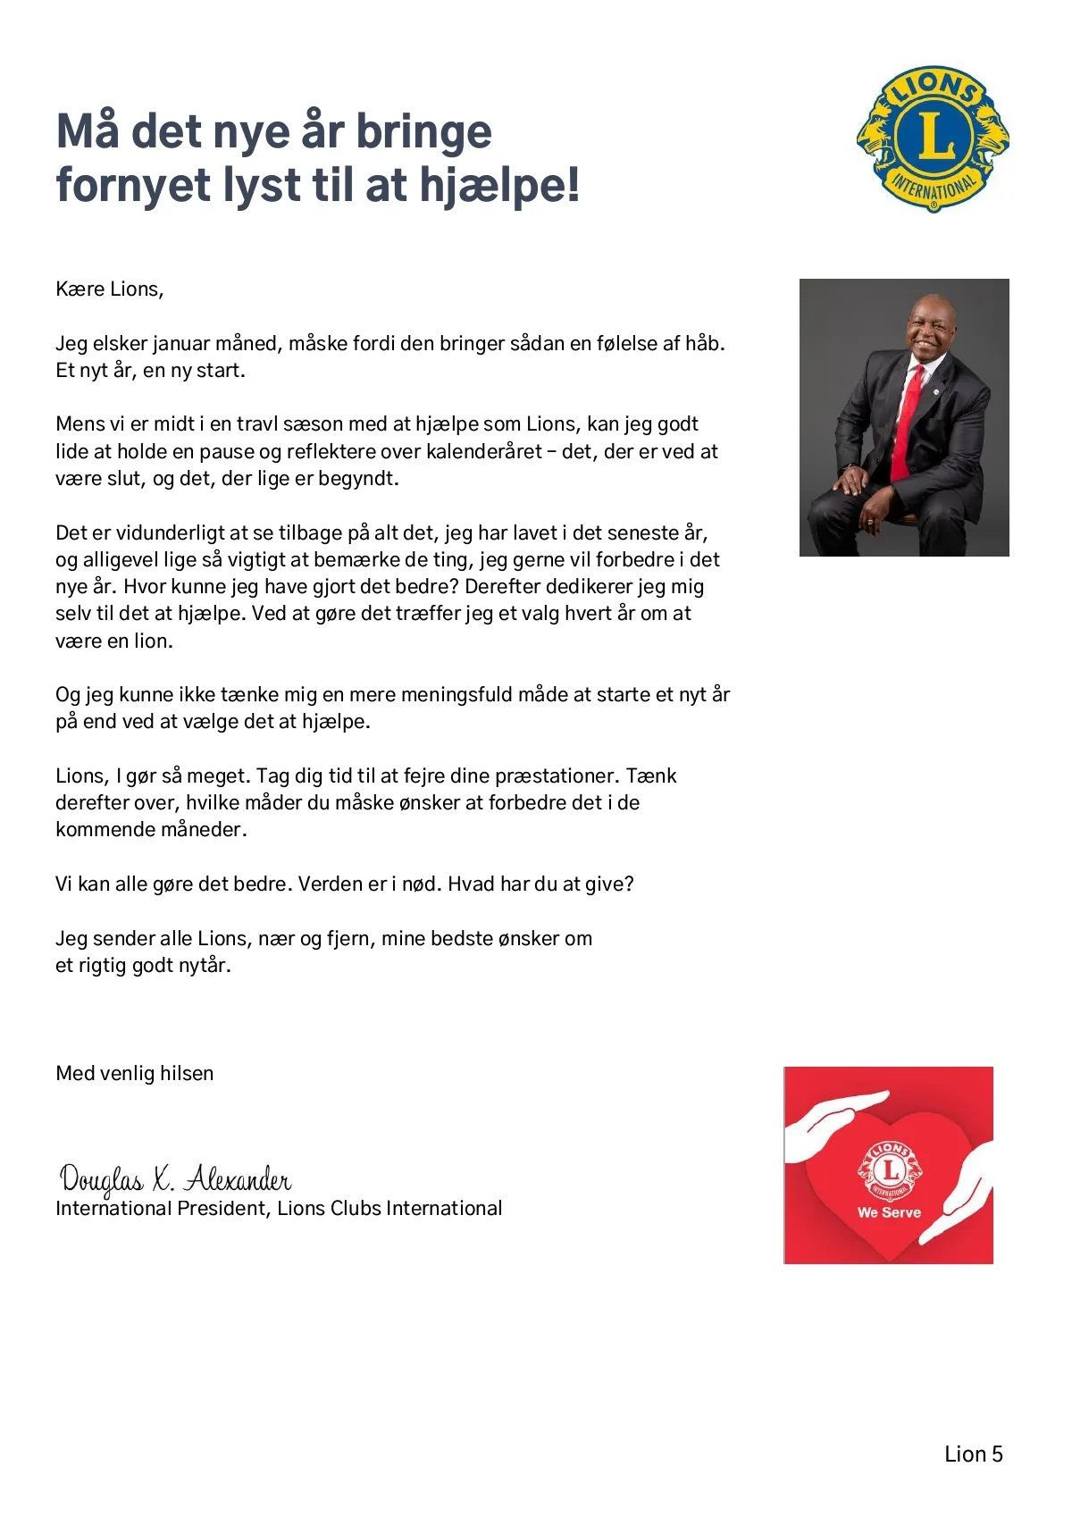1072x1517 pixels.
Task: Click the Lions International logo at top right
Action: click(x=933, y=138)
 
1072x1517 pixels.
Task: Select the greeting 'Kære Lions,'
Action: click(x=109, y=289)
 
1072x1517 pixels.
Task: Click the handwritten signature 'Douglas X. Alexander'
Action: click(x=175, y=1179)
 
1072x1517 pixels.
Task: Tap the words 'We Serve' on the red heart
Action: click(x=889, y=1212)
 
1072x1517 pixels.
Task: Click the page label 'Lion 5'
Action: click(x=973, y=1454)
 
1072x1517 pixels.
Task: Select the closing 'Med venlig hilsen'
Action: click(x=134, y=1073)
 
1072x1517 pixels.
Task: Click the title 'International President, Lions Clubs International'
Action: click(x=279, y=1209)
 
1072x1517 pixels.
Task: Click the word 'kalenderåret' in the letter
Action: click(x=483, y=451)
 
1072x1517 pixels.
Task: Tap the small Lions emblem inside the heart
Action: click(x=890, y=1170)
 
